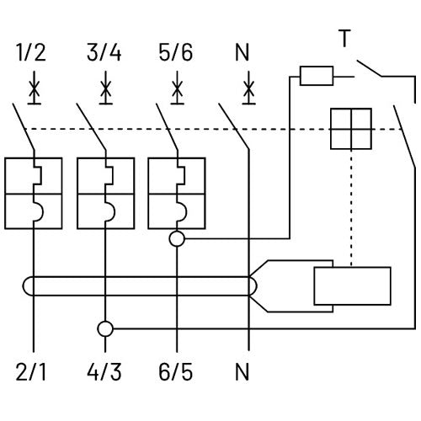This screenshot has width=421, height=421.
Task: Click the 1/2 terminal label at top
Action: (x=31, y=52)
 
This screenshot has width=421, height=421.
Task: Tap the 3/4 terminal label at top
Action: (x=104, y=52)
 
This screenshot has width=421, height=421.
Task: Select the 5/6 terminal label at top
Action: (x=176, y=52)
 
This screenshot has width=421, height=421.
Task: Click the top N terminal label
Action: (x=242, y=52)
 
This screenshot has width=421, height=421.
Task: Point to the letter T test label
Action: (x=344, y=38)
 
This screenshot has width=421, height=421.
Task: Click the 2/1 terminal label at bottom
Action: (x=31, y=372)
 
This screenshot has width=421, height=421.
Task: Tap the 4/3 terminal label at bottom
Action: (x=104, y=372)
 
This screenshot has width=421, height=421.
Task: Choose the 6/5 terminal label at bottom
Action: (x=176, y=372)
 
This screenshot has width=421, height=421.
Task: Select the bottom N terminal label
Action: (x=242, y=372)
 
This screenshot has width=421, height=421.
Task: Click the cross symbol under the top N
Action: (x=249, y=88)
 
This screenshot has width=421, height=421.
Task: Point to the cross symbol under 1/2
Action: (x=35, y=88)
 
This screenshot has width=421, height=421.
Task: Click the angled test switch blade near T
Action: (x=370, y=68)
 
